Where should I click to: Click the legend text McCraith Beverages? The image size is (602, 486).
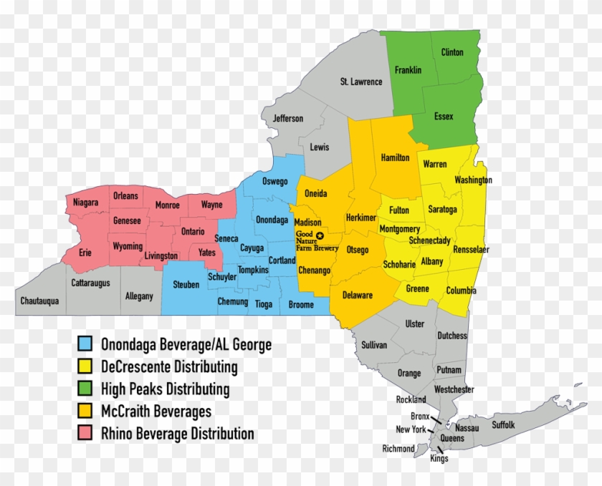(x=156, y=412)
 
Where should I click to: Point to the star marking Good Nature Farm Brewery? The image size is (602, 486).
(x=320, y=235)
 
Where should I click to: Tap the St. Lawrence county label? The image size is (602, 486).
(x=361, y=82)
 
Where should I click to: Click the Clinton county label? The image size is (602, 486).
(x=452, y=52)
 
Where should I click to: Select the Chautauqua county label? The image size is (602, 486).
(x=39, y=301)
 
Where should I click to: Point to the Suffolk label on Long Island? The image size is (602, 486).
(x=503, y=425)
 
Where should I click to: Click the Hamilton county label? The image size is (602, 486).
(x=395, y=157)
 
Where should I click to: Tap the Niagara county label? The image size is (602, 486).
(x=85, y=203)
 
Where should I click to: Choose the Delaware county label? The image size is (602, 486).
(x=357, y=295)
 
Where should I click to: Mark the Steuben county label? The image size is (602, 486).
(x=186, y=284)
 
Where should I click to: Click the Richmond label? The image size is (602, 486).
(x=398, y=449)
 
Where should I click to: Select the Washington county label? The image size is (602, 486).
(x=473, y=180)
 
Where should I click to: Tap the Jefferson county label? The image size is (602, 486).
(x=288, y=119)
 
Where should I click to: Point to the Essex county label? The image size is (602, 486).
(x=444, y=117)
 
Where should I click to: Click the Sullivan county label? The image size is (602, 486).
(x=374, y=345)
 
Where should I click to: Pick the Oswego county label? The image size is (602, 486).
(x=275, y=182)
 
